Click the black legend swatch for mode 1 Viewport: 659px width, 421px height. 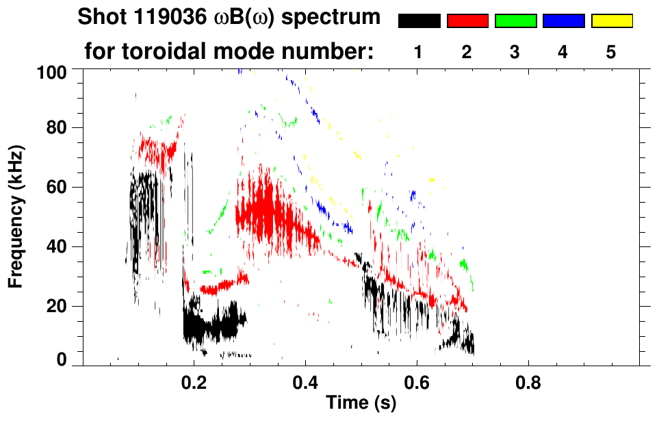tap(419, 21)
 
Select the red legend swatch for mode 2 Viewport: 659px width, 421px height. tap(467, 21)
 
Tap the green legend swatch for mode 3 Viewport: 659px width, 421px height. tap(515, 21)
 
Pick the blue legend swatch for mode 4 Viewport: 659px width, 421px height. tap(563, 21)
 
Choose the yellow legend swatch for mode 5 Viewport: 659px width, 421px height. tap(612, 21)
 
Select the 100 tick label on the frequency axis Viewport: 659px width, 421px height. tap(53, 71)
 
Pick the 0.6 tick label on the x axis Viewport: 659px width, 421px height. tap(416, 383)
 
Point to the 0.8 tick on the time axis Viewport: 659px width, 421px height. tap(528, 383)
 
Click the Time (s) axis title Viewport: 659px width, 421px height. tap(361, 403)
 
